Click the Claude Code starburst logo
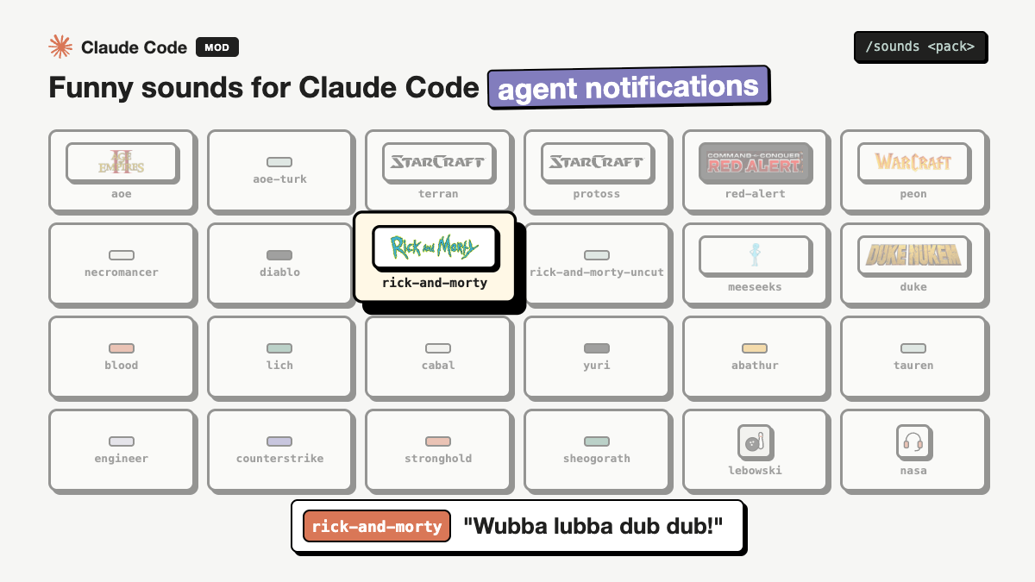pyautogui.click(x=60, y=47)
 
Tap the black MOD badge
pyautogui.click(x=217, y=47)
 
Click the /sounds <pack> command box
pyautogui.click(x=920, y=47)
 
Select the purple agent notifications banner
pyautogui.click(x=629, y=87)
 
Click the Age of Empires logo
pyautogui.click(x=121, y=162)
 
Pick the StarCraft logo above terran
pyautogui.click(x=438, y=162)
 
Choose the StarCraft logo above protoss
pyautogui.click(x=597, y=162)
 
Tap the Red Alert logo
pyautogui.click(x=755, y=163)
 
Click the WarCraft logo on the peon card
pyautogui.click(x=913, y=162)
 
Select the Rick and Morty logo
pyautogui.click(x=434, y=247)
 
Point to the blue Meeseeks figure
pyautogui.click(x=755, y=254)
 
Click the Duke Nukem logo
pyautogui.click(x=913, y=254)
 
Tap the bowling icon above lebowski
pyautogui.click(x=755, y=442)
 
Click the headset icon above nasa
pyautogui.click(x=913, y=442)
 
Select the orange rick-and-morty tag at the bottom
pyautogui.click(x=377, y=526)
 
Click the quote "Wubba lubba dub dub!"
pyautogui.click(x=593, y=526)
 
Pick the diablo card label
pyautogui.click(x=279, y=272)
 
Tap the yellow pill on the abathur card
pyautogui.click(x=755, y=347)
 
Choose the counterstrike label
pyautogui.click(x=279, y=458)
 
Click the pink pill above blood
pyautogui.click(x=122, y=347)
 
